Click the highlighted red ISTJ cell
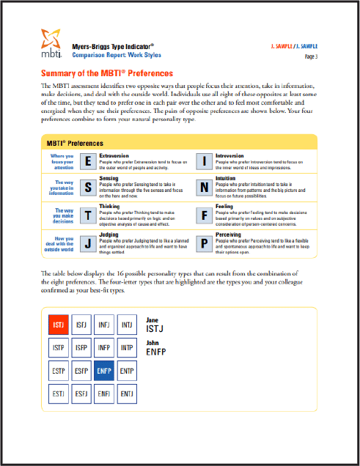(59, 324)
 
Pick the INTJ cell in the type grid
(127, 324)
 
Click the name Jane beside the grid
(153, 320)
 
